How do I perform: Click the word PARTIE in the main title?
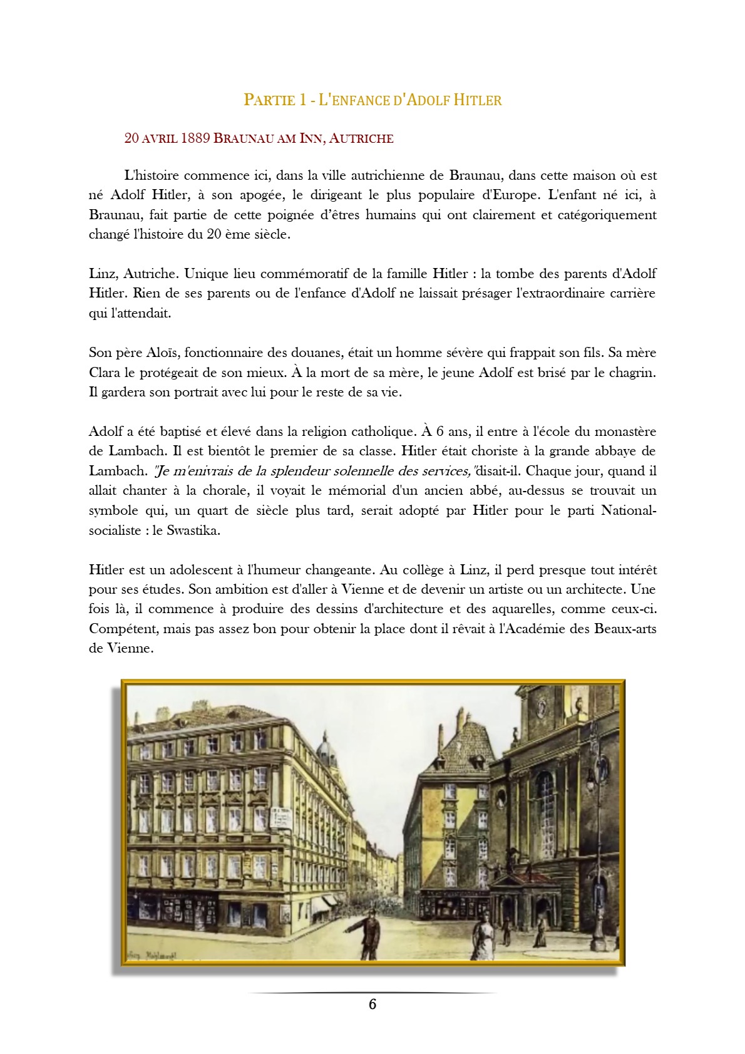(x=270, y=100)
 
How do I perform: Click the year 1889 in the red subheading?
(x=195, y=138)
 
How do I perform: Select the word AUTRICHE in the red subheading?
(x=361, y=138)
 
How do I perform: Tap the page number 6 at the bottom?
(x=372, y=1004)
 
